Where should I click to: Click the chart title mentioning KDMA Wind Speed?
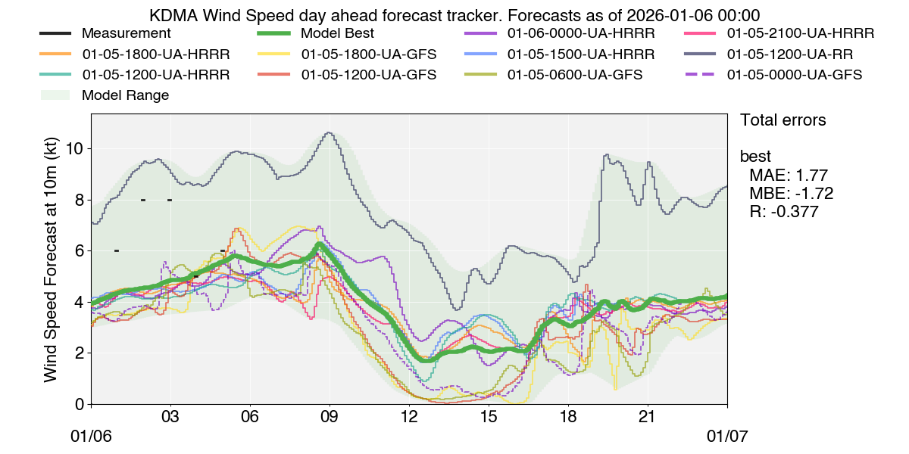coord(454,15)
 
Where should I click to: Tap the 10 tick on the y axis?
coord(75,149)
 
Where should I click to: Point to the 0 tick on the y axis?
coord(80,404)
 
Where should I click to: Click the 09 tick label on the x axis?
coord(330,417)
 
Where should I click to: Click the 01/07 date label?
coord(726,437)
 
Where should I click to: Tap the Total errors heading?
coord(782,120)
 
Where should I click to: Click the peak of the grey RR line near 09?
coord(328,132)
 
